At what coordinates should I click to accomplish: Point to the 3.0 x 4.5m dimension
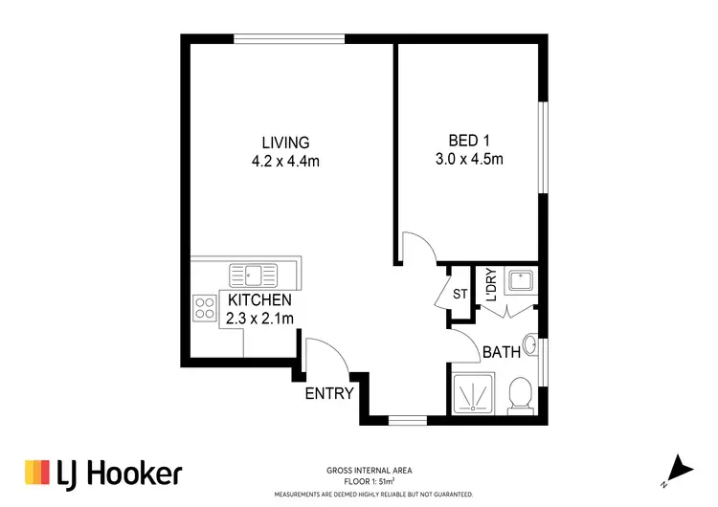468,160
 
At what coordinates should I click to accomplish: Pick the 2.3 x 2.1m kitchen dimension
258,319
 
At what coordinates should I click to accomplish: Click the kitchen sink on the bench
253,276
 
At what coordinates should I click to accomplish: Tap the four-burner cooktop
205,307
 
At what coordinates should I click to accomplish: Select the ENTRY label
329,393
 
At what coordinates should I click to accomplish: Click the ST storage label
459,294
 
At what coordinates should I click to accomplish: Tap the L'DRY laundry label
489,284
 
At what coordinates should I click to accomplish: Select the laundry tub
521,281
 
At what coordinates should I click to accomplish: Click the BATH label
501,352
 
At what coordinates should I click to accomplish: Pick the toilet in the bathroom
520,393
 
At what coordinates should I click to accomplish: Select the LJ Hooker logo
102,473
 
